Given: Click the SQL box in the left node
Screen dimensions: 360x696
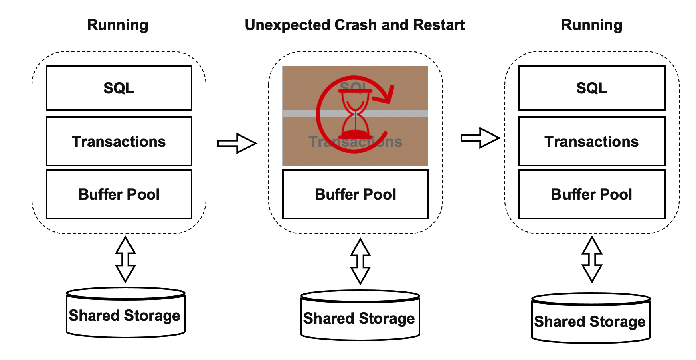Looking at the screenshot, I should (119, 88).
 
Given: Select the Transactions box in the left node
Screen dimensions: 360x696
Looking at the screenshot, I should (119, 141).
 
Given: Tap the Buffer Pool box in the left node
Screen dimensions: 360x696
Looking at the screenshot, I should (119, 194).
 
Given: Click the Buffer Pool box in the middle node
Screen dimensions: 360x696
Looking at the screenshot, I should (356, 194).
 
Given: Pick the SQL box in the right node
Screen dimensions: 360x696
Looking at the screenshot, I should (592, 88).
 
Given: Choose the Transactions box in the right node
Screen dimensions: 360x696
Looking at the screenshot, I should (592, 141).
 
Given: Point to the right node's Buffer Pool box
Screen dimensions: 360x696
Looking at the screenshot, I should (592, 194).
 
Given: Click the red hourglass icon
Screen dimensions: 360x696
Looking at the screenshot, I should (355, 114).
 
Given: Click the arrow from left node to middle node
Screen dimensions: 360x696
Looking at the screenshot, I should (237, 143).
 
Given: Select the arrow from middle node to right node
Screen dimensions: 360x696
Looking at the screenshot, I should (480, 138).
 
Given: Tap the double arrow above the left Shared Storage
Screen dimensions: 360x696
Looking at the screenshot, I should (125, 259).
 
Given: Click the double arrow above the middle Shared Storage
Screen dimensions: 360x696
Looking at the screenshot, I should (360, 261).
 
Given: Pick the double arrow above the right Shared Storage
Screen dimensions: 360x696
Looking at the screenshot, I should (592, 259).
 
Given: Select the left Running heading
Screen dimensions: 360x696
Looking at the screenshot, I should (117, 25).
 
